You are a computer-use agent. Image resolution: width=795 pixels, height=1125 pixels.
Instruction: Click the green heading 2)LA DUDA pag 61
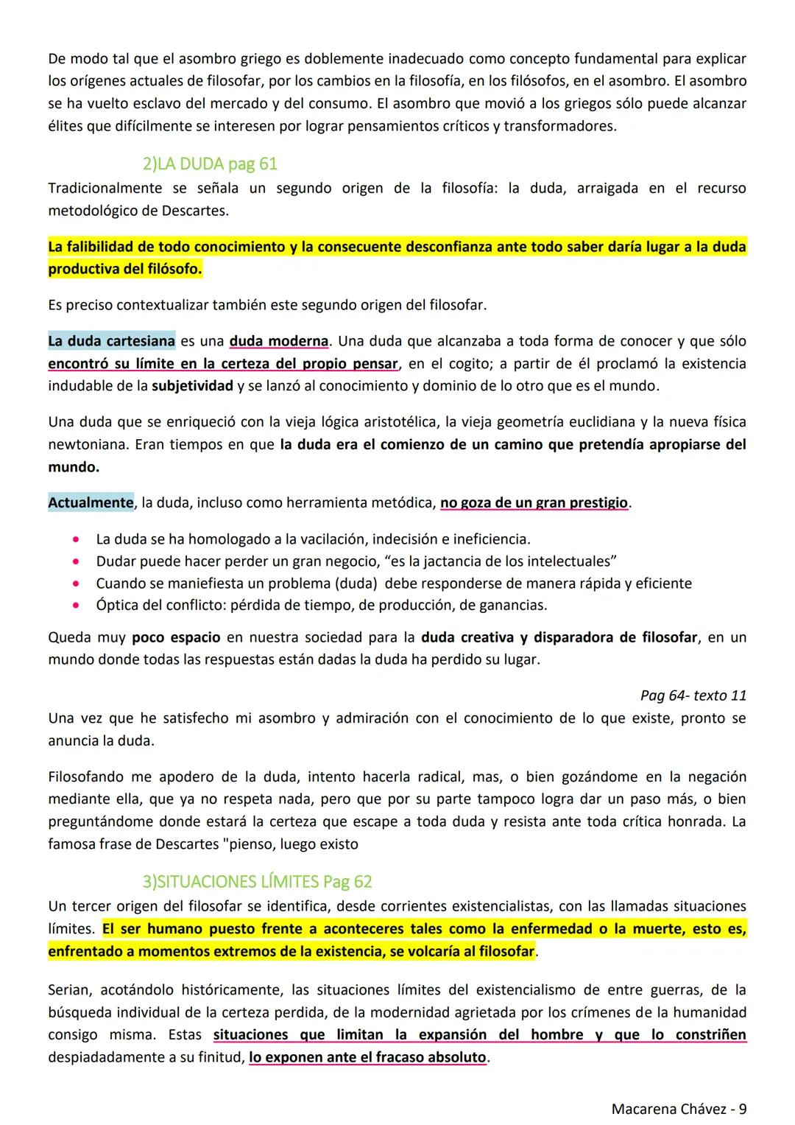tap(210, 164)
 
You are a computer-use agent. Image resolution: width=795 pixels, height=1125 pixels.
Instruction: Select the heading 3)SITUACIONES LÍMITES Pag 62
tap(257, 882)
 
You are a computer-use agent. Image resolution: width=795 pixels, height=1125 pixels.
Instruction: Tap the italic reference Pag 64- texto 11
tap(693, 695)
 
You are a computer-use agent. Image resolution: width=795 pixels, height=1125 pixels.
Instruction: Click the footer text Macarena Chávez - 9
tap(679, 1109)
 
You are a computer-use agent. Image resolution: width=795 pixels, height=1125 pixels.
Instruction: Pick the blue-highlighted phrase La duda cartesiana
tap(111, 341)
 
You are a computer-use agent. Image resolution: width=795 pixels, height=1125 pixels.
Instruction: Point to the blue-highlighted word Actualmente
tap(91, 503)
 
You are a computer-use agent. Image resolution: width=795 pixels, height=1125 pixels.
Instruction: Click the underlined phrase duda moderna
tap(279, 341)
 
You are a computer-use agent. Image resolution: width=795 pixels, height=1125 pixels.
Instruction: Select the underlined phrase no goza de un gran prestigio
tap(534, 503)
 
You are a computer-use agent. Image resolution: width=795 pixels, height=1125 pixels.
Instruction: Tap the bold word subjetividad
tap(193, 386)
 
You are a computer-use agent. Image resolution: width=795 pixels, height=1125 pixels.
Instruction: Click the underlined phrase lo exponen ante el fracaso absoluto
tap(367, 1058)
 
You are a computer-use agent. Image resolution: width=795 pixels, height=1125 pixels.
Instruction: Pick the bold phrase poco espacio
tap(176, 637)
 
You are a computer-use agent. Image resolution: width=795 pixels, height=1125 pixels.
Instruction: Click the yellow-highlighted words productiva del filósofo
tap(124, 270)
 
